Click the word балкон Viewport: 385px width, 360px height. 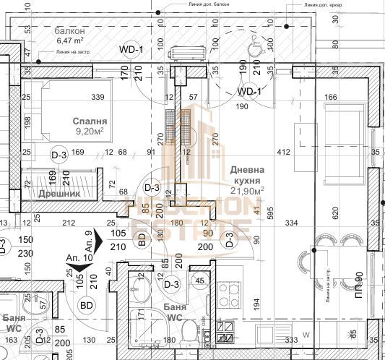[x=71, y=32]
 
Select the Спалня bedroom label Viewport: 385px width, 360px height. [x=90, y=121]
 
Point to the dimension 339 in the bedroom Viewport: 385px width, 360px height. [x=99, y=98]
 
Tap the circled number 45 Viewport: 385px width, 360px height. [x=199, y=281]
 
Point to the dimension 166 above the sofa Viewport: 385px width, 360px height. [x=331, y=98]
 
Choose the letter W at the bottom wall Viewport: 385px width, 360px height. [x=306, y=335]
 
